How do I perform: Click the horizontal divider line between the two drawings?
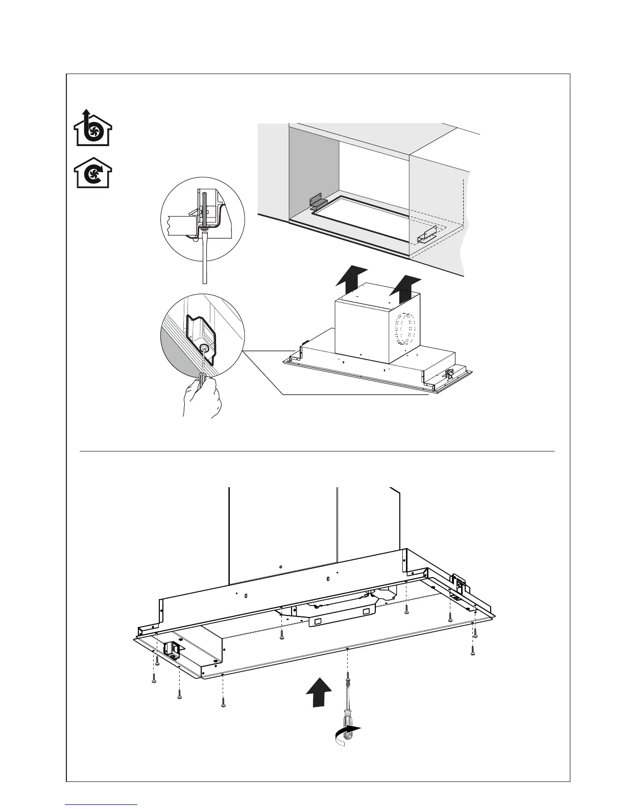(x=317, y=451)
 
